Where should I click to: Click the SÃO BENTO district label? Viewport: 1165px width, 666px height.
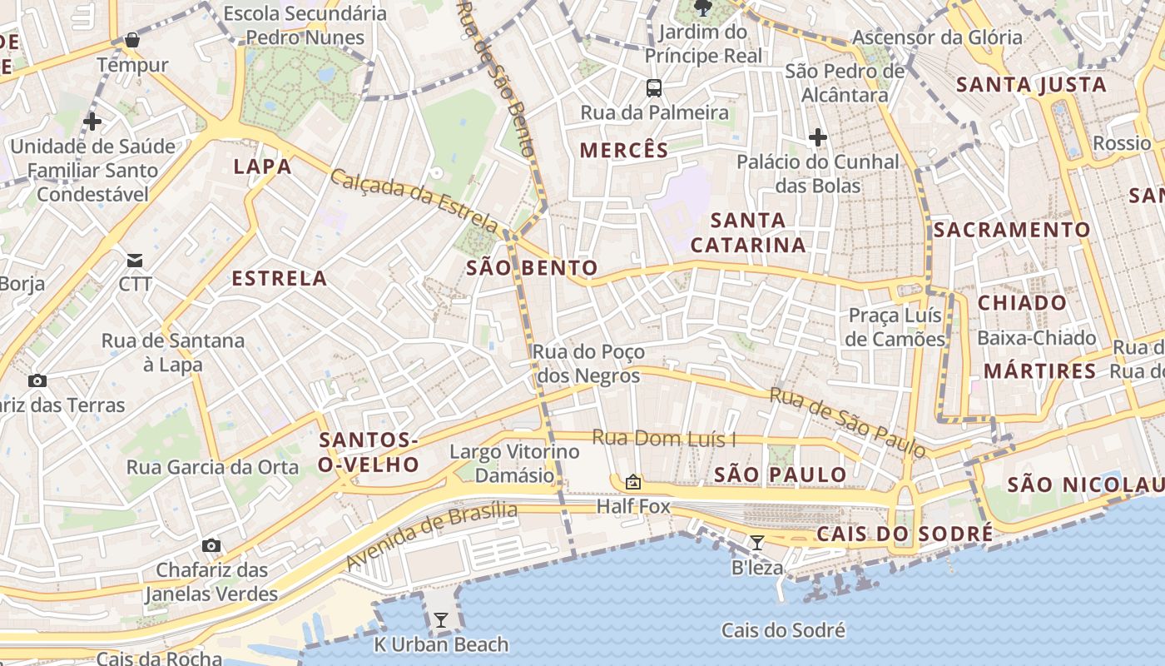pos(532,267)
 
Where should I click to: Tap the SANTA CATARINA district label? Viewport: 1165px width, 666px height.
pos(748,232)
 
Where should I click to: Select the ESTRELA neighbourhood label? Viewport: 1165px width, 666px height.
pos(280,278)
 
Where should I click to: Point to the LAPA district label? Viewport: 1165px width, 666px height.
pos(263,166)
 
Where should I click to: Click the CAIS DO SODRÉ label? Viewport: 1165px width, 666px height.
pos(905,534)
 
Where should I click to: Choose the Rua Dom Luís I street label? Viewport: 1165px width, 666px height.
pos(664,438)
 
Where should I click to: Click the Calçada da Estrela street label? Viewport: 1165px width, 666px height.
pos(414,201)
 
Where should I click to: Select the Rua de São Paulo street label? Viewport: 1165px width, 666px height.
pos(847,422)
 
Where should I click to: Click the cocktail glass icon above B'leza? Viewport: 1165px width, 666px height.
pos(757,543)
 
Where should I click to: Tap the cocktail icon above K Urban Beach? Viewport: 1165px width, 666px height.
pos(441,619)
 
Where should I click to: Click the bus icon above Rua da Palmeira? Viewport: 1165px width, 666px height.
pos(654,87)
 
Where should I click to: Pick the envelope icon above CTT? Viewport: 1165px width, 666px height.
pos(135,261)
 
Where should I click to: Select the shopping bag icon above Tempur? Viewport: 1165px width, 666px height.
pos(131,40)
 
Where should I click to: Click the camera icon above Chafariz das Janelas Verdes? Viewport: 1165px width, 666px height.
pos(211,546)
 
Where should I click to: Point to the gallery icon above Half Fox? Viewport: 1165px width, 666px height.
pos(633,481)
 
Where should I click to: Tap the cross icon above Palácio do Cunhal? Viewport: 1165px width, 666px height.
pos(818,137)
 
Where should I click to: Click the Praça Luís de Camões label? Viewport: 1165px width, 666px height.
pos(895,327)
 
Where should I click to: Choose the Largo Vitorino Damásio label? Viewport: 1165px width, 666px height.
pos(514,464)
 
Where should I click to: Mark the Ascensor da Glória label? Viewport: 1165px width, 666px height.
pos(937,37)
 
